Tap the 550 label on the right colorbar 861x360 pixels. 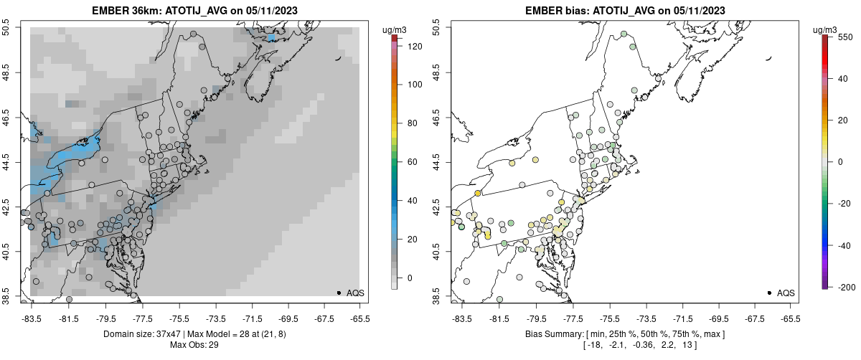[x=844, y=36]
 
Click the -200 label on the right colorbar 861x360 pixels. [x=847, y=287]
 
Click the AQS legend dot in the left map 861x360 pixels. [x=338, y=293]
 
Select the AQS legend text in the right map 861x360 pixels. [x=786, y=293]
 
